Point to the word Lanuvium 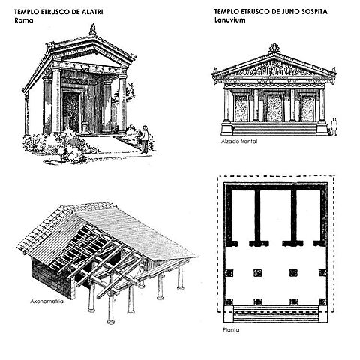(229, 20)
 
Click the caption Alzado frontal (235, 141)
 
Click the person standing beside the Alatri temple (145, 139)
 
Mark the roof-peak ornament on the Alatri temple (92, 30)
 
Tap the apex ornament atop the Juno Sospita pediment (274, 48)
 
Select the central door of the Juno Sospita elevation (274, 107)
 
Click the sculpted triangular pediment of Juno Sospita (274, 67)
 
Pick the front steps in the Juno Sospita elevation (274, 128)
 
